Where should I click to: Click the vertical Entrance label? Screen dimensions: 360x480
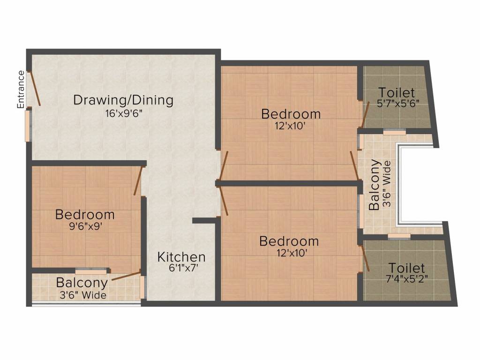coord(21,90)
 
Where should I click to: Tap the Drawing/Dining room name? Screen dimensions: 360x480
coord(123,100)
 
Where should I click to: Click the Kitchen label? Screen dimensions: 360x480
coord(181,257)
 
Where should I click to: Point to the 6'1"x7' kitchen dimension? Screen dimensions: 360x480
coord(181,269)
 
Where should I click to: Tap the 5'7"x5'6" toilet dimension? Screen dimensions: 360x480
coord(397,104)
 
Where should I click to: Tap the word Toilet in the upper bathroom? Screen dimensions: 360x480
coord(397,92)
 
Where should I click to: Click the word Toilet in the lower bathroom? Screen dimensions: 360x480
coord(406,268)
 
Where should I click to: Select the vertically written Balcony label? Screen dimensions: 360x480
coord(375,185)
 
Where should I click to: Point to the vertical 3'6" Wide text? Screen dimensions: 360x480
coord(387,185)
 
